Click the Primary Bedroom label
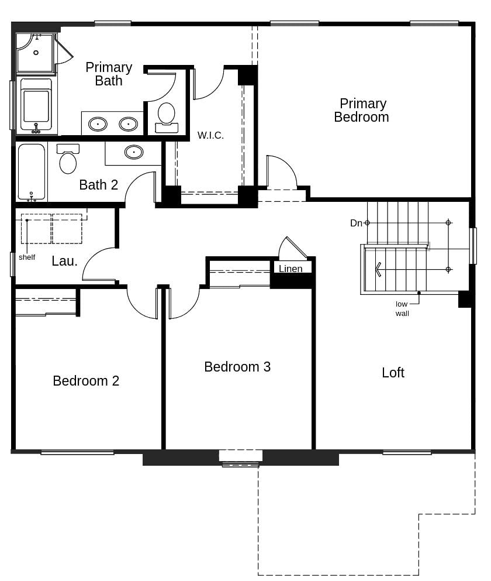[x=362, y=111]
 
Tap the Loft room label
[x=393, y=373]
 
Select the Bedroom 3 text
[x=237, y=367]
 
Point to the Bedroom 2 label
[x=86, y=381]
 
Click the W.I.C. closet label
[x=210, y=135]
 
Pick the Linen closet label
[x=291, y=269]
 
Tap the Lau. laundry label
[x=64, y=261]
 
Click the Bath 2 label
[x=98, y=185]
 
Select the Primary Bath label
[x=109, y=74]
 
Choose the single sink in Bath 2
[x=134, y=152]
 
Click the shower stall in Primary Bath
[x=35, y=53]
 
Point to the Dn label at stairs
[x=356, y=223]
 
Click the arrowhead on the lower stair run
[x=379, y=269]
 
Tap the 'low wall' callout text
[x=402, y=308]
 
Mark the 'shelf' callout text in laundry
[x=27, y=257]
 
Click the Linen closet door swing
[x=292, y=249]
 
